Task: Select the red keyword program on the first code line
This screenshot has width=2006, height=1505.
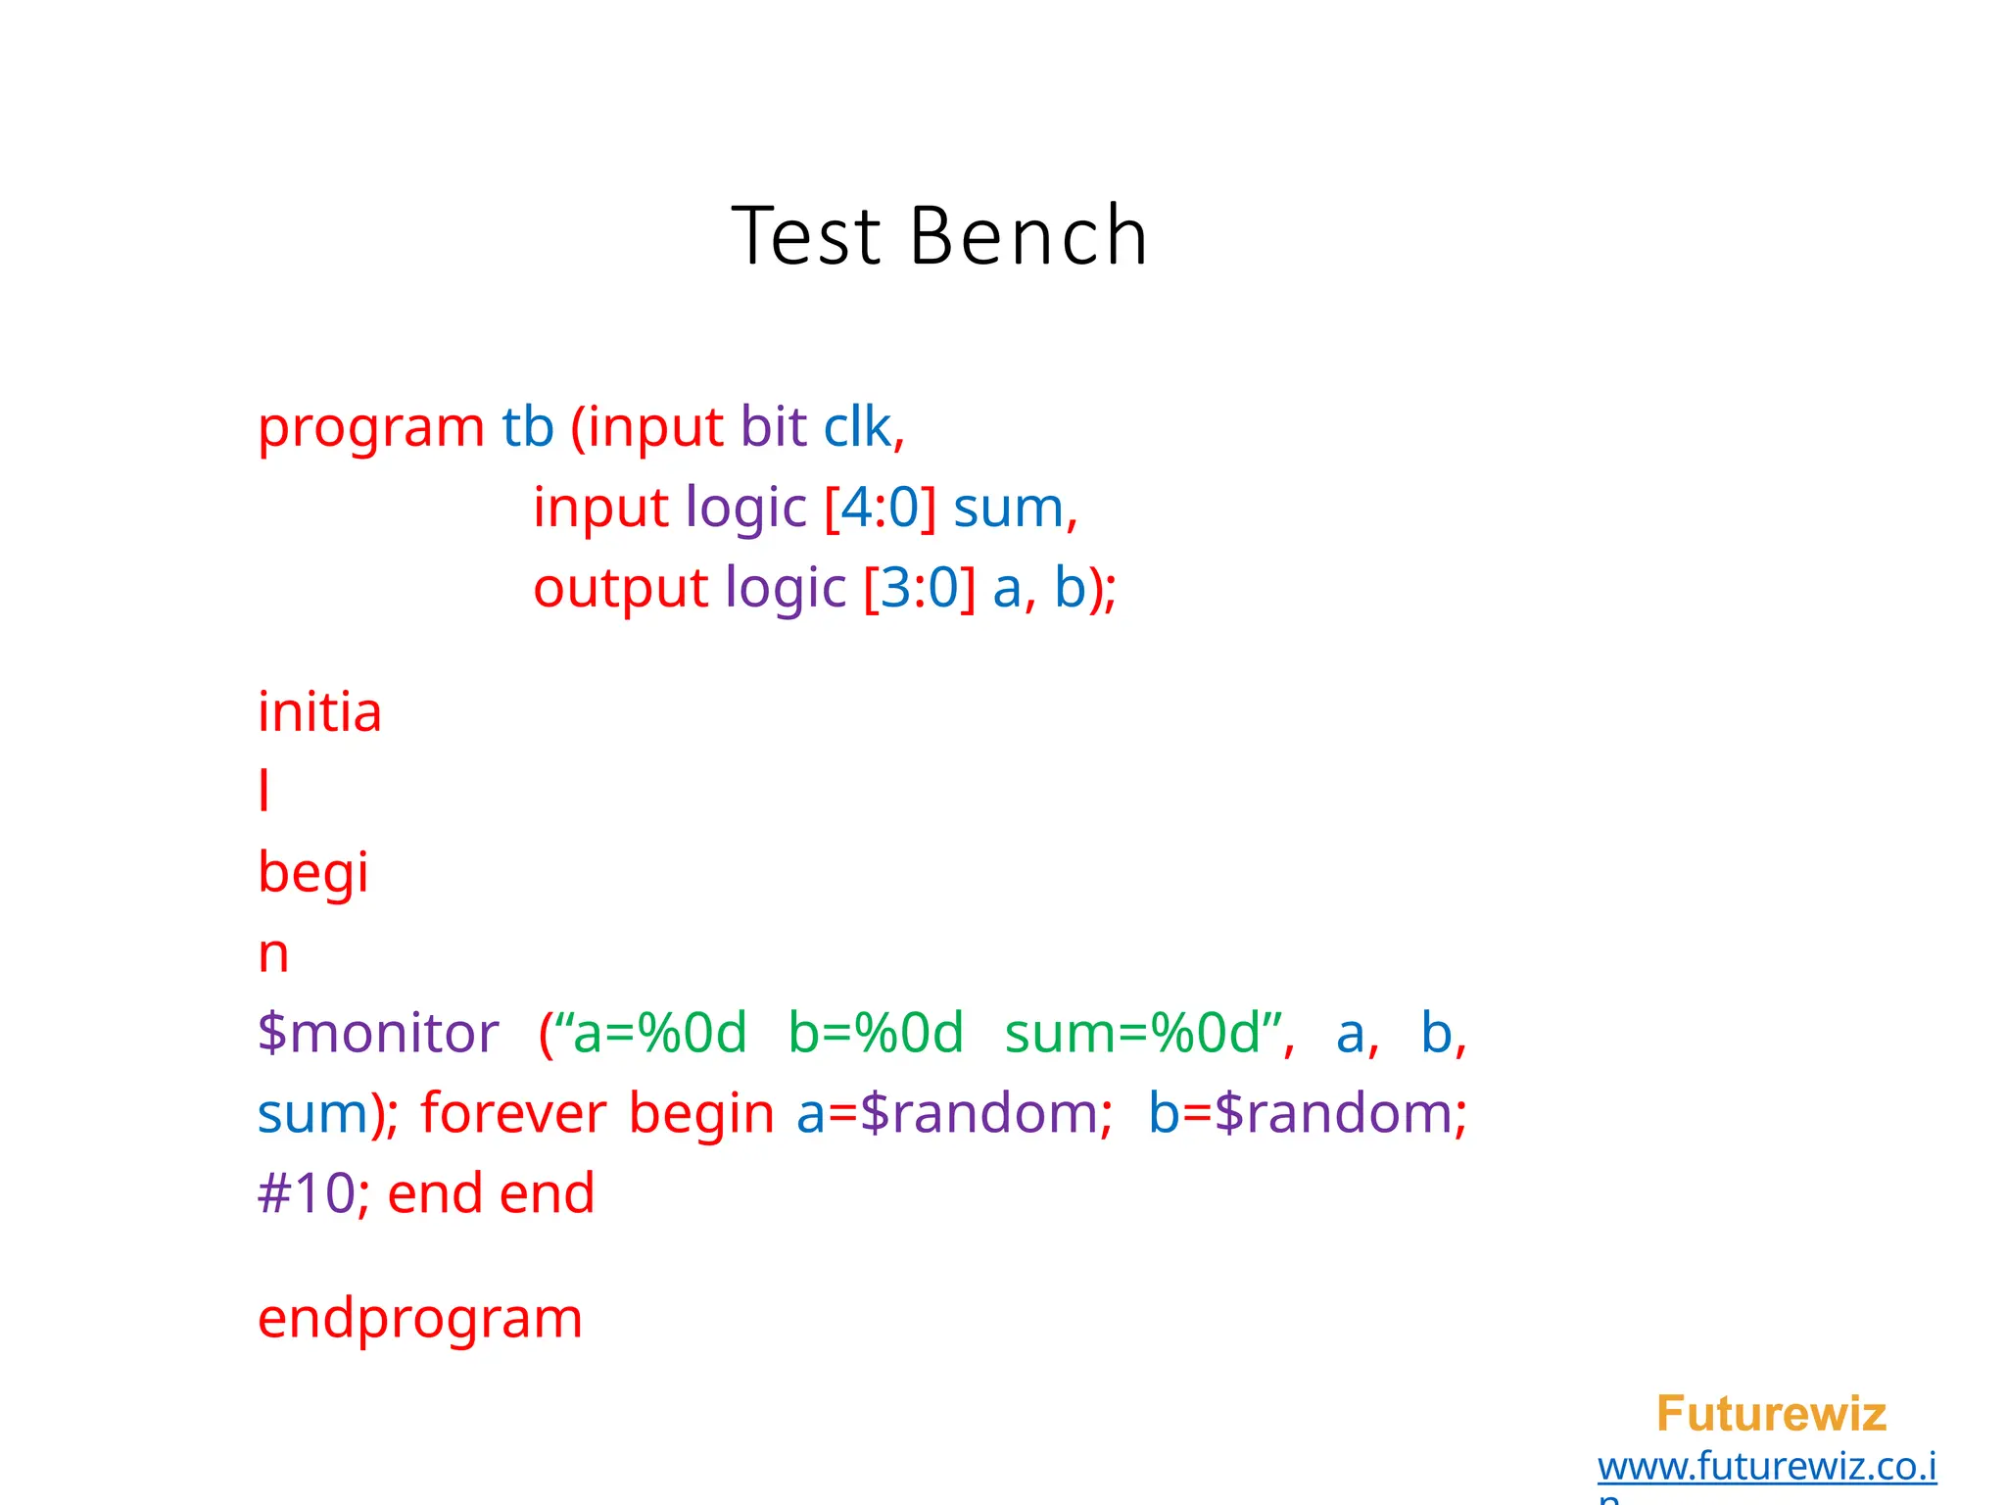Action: (x=370, y=428)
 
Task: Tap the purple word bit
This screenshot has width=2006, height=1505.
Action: (x=773, y=427)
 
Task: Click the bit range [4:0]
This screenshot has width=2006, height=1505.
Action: (x=880, y=509)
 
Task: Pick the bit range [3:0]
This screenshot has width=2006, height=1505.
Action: (x=919, y=588)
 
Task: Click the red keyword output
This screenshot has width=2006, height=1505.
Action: (x=620, y=589)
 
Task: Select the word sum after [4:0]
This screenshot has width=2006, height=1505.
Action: (x=1008, y=509)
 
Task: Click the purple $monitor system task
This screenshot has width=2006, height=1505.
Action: (x=378, y=1033)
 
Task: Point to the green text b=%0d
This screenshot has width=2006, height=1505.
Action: (x=876, y=1033)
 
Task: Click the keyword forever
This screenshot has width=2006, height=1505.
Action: (x=513, y=1114)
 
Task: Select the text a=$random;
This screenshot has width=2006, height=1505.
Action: (x=954, y=1114)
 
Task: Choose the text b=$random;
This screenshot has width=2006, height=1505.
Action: (x=1308, y=1114)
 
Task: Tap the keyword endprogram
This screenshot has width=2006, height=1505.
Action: (x=419, y=1319)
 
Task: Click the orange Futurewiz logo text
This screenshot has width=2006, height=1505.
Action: (x=1771, y=1414)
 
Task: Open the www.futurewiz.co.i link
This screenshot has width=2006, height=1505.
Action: (x=1766, y=1467)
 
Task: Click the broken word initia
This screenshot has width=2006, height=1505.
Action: (x=319, y=712)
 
